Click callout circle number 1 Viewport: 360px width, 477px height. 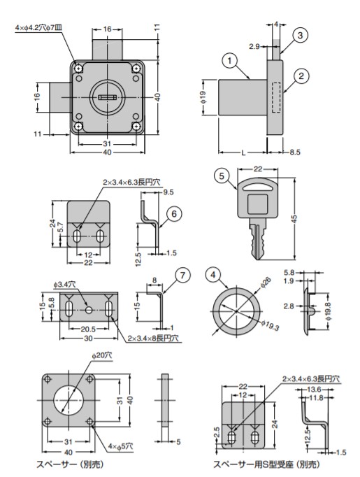pyautogui.click(x=229, y=61)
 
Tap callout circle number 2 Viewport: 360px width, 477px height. pyautogui.click(x=301, y=76)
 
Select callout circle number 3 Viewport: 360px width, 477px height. pyautogui.click(x=300, y=36)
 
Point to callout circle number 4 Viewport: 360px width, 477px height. pyautogui.click(x=213, y=275)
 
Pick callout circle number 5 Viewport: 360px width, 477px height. pyautogui.click(x=222, y=176)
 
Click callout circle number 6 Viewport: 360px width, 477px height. pyautogui.click(x=174, y=214)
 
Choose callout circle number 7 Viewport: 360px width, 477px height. pyautogui.click(x=182, y=275)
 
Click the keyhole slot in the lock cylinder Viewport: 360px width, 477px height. pyautogui.click(x=107, y=97)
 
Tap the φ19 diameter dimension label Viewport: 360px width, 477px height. pyautogui.click(x=203, y=97)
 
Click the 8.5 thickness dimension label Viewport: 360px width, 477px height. pyautogui.click(x=294, y=152)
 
